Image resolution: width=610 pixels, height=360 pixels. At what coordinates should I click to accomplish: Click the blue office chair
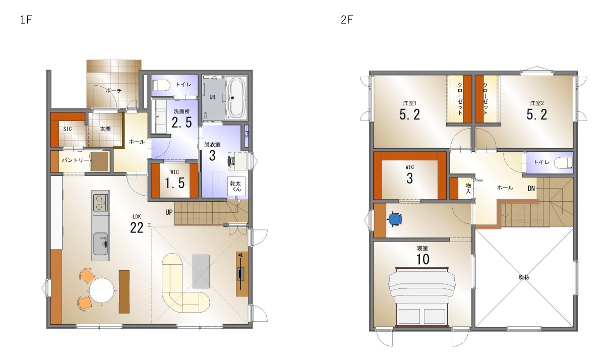point(395,219)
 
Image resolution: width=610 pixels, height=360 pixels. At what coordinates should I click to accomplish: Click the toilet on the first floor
point(161,85)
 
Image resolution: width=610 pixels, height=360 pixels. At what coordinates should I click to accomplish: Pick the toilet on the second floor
point(564,162)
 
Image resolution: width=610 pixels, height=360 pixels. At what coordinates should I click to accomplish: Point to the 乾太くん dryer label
point(235,186)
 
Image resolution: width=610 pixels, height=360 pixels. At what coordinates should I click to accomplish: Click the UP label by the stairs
point(169,212)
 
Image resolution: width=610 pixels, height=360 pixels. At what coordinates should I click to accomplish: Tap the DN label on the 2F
point(531,188)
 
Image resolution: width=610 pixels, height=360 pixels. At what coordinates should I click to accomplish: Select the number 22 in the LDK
point(137,228)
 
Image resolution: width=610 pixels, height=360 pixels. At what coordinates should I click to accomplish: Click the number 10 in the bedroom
point(422,259)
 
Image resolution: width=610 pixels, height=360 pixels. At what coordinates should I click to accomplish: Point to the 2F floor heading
point(347,20)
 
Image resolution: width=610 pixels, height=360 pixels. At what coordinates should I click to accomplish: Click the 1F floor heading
point(26,20)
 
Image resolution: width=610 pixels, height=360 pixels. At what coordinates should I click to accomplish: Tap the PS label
point(247,134)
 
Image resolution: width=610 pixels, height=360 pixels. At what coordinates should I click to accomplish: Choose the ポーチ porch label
point(113,91)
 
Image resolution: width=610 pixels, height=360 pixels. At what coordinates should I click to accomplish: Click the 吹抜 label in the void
point(524,277)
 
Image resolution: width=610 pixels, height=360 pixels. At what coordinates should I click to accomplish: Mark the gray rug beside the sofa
point(201,271)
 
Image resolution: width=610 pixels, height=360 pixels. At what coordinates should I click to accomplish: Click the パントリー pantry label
point(76,160)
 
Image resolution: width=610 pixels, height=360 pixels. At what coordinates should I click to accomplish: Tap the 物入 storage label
point(468,188)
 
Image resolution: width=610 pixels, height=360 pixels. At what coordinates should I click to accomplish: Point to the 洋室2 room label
point(537,103)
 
